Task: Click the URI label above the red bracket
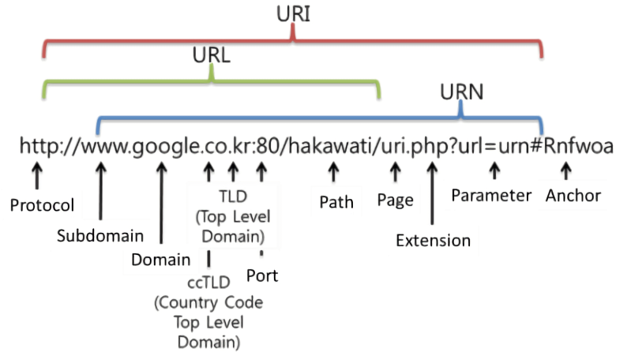coord(292,14)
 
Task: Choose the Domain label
coord(160,259)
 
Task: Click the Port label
coord(262,276)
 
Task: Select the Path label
coord(336,202)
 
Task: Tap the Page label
coord(395,201)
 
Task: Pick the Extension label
coord(433,240)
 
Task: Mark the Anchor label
coord(573,195)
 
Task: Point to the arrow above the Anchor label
coord(565,169)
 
